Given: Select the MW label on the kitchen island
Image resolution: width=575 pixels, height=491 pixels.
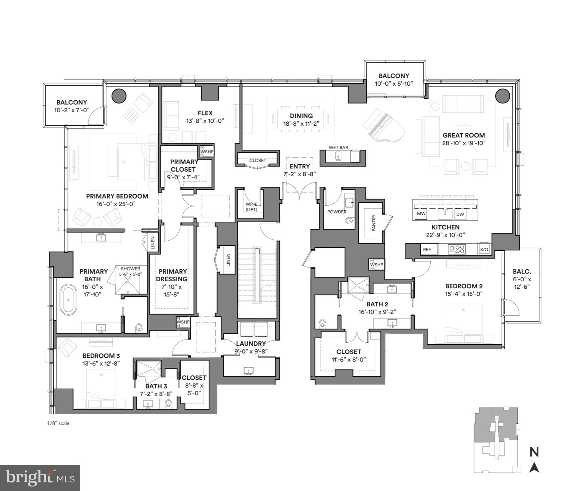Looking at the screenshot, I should point(421,214).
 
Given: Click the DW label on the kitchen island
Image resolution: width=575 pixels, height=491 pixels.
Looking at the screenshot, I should point(460,214).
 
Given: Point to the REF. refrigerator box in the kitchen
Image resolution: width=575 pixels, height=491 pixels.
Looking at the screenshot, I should point(427,250).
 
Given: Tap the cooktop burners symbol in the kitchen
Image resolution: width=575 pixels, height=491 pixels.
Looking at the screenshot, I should point(457,249).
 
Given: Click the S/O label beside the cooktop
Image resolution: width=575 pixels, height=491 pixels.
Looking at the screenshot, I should point(484,250).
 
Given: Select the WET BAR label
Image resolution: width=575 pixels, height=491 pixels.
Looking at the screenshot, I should point(338,147).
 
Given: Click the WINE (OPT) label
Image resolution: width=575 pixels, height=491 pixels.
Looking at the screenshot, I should point(251,207).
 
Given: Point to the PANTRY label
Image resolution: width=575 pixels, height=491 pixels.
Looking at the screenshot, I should point(374,223).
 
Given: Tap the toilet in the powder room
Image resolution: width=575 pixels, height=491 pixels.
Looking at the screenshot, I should point(350,221).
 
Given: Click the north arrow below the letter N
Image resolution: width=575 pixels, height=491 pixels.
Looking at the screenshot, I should point(534,468).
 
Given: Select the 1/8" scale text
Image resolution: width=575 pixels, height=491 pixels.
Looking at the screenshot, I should point(58,423).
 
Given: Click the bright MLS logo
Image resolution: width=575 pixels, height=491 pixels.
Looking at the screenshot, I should point(40,478).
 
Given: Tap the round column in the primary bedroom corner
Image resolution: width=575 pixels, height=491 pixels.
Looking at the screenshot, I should point(119,96).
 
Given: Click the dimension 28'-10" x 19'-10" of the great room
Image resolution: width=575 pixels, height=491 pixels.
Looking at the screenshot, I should point(464,143).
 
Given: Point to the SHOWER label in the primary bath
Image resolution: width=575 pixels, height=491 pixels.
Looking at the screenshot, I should point(130,269).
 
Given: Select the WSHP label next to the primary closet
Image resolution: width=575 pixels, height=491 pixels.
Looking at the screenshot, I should point(207,152).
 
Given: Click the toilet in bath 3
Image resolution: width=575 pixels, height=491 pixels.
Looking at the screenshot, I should point(169,404).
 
